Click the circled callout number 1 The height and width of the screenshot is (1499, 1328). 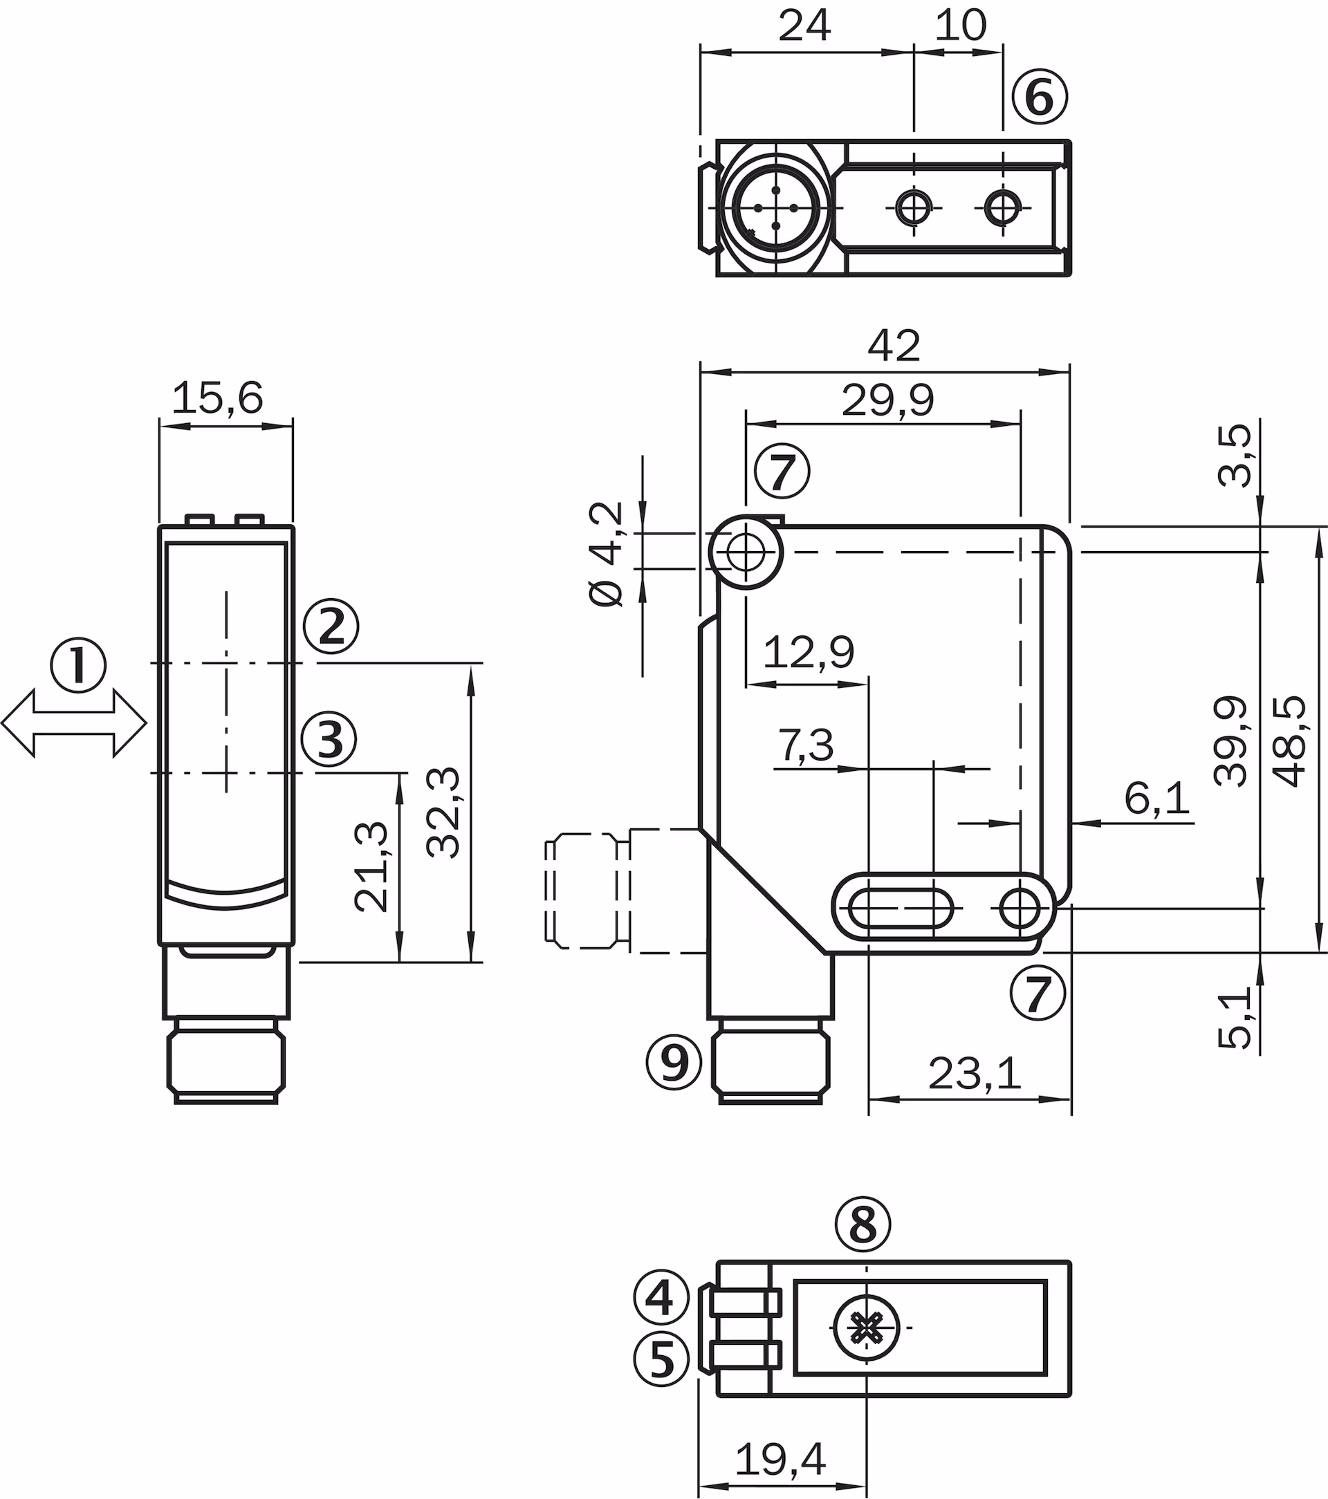coord(77,665)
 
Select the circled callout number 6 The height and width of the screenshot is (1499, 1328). coord(1040,96)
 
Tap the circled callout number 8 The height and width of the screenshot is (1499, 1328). coord(863,1224)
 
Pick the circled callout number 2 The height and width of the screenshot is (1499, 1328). coord(331,626)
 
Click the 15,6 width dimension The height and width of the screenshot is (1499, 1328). coord(217,398)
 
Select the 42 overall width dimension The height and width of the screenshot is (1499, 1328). coord(894,345)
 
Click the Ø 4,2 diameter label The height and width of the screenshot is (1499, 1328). coord(606,554)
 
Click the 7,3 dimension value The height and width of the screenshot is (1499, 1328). coord(806,746)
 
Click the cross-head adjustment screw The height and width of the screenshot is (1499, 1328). coord(867,1327)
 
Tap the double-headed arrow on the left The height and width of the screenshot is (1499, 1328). coord(73,723)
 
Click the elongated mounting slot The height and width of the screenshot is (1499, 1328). coord(901,909)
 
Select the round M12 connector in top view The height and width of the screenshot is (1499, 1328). coord(775,208)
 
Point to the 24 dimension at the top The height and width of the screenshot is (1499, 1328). coord(804,26)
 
